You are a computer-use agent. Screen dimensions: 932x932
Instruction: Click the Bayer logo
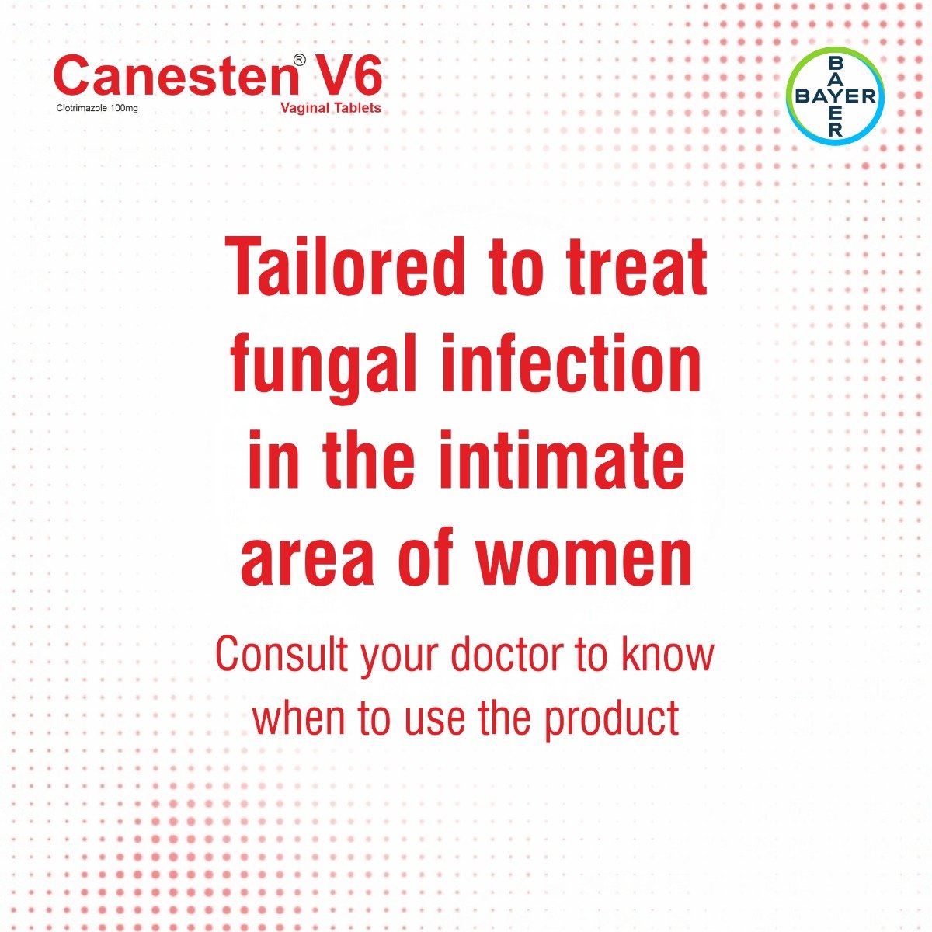click(835, 96)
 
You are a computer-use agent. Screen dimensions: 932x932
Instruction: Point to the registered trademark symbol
click(299, 60)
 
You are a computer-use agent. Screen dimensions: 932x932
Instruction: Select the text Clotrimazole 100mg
click(96, 109)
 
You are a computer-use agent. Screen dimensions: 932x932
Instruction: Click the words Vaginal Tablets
click(331, 108)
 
